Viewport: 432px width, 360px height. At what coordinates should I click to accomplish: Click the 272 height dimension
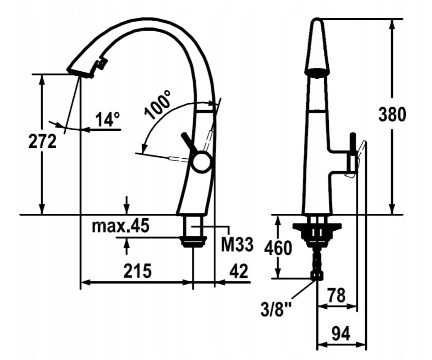click(x=42, y=141)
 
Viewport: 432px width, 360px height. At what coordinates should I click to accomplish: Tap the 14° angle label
click(x=108, y=119)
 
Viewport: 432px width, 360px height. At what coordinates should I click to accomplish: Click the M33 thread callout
click(x=237, y=244)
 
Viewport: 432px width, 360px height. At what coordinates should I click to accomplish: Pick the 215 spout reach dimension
click(x=137, y=271)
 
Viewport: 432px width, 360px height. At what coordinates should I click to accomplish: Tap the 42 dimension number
click(x=238, y=271)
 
